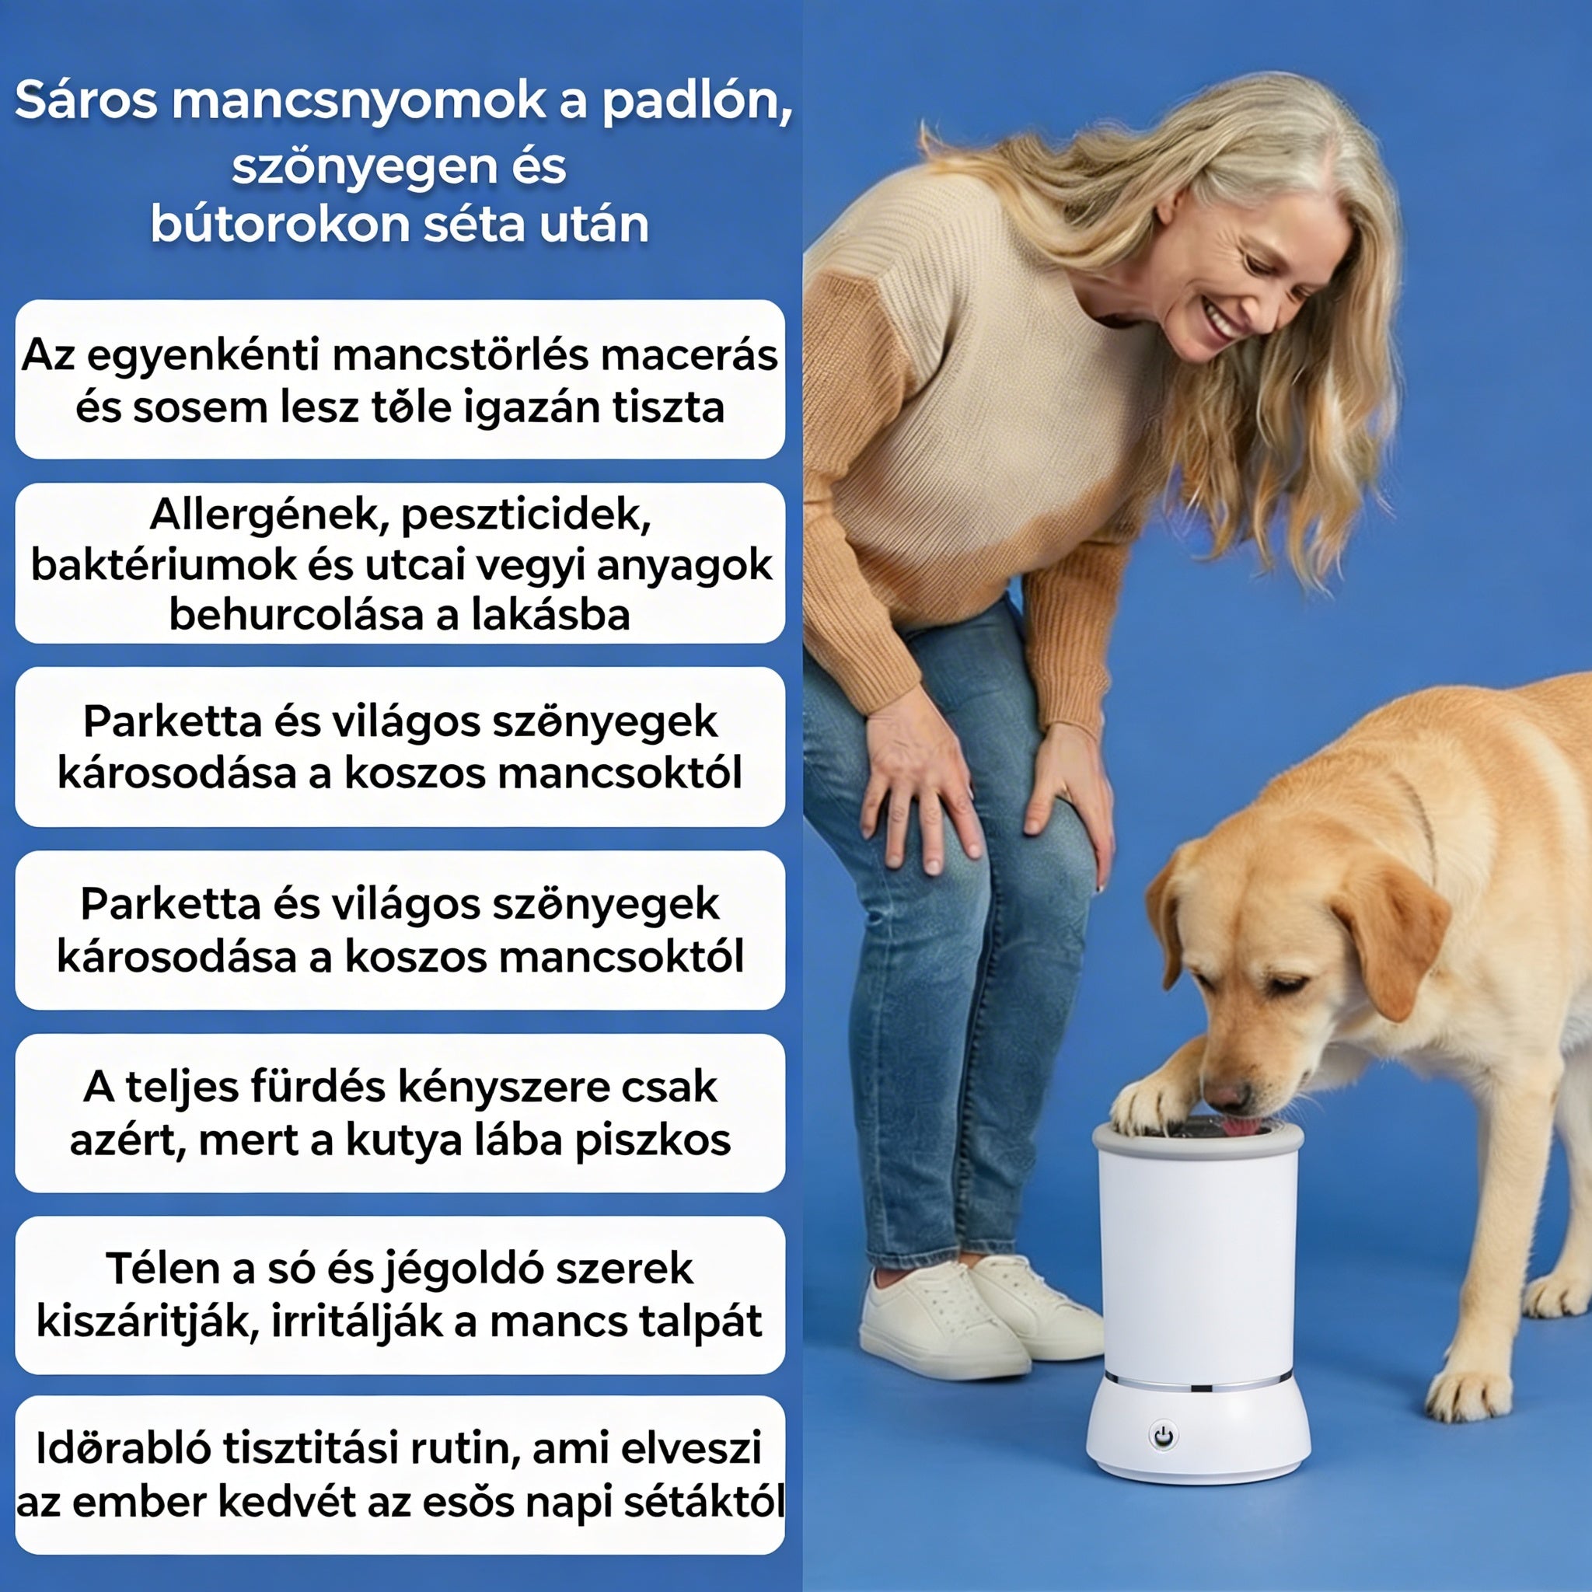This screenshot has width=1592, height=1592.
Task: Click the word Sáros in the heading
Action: point(86,100)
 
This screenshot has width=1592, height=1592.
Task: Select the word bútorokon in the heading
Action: point(278,224)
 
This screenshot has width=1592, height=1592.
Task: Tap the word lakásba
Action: point(550,615)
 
